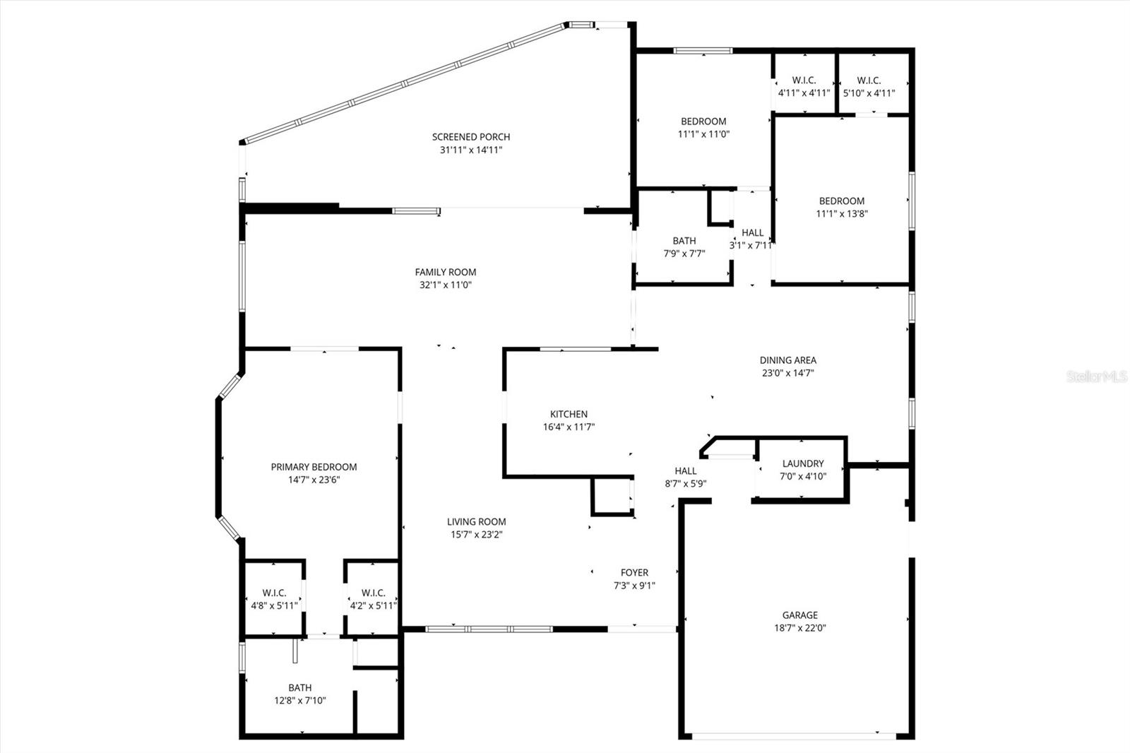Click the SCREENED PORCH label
471,137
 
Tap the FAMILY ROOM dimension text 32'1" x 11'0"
445,285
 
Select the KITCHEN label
569,415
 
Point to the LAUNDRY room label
803,464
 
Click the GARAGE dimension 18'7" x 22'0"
799,628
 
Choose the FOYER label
634,573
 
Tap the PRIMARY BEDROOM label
314,467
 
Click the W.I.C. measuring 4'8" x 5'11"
274,599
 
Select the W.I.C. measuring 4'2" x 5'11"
373,599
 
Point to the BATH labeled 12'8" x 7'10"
299,694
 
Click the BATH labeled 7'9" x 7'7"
684,247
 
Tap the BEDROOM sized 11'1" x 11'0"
703,127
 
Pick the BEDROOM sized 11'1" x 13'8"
841,207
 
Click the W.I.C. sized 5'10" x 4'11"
869,86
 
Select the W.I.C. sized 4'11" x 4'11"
804,86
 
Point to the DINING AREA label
787,360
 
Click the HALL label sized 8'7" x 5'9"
685,471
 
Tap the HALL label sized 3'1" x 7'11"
752,233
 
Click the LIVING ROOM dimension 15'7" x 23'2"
477,535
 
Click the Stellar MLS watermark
1097,377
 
